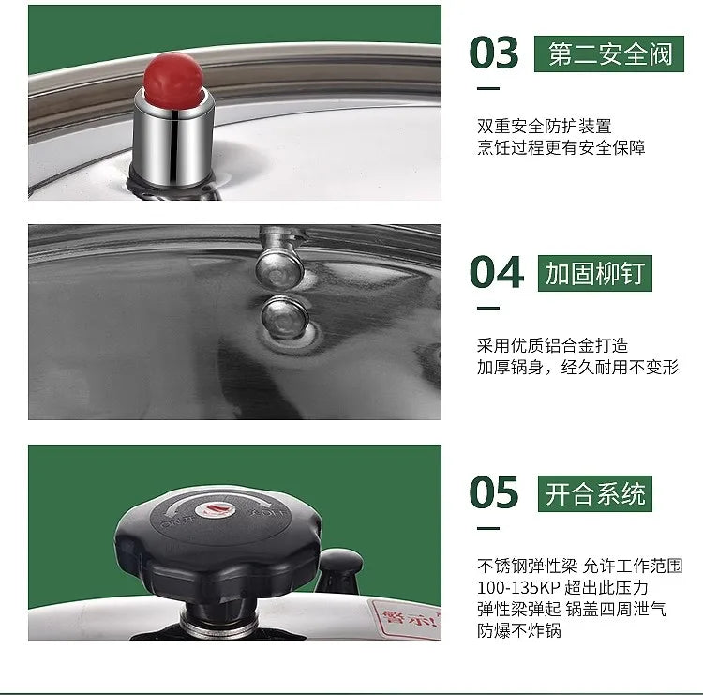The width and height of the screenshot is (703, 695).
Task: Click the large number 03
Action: (x=494, y=53)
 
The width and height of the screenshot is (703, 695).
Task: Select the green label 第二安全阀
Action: (x=609, y=53)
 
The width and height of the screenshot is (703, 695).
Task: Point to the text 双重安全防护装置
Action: (x=544, y=126)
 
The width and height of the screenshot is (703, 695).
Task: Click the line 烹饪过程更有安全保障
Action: (x=561, y=147)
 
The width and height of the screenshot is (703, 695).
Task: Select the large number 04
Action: (x=495, y=273)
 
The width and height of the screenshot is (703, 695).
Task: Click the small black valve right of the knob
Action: (x=339, y=567)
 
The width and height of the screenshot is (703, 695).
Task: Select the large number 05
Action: (x=494, y=493)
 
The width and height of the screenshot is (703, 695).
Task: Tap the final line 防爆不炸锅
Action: (x=518, y=631)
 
